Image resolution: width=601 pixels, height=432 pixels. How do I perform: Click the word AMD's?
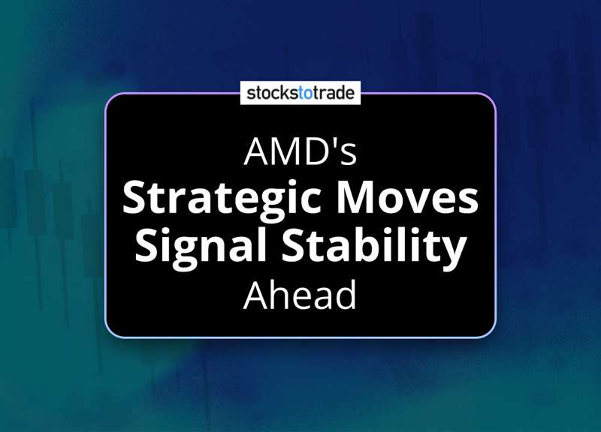(300, 151)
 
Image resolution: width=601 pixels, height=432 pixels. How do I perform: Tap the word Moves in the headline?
(407, 198)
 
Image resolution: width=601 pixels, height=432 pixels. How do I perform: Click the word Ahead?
(300, 295)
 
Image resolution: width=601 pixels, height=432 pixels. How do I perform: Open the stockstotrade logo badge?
(300, 92)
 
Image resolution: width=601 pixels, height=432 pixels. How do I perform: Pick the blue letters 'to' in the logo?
(306, 93)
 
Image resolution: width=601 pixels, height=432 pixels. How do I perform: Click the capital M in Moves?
(356, 198)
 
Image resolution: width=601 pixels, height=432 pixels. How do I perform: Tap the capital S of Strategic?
(135, 198)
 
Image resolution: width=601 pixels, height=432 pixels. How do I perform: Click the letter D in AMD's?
(317, 151)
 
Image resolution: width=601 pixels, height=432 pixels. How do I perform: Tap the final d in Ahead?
(346, 295)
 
